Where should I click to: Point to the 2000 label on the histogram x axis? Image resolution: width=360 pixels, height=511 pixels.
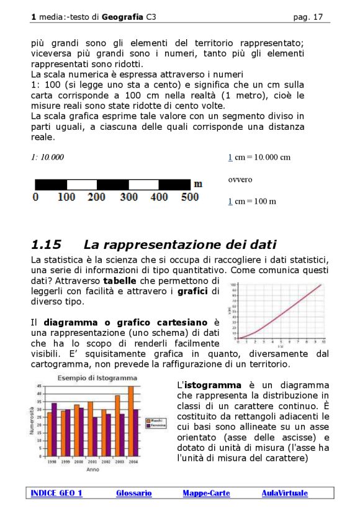(x=78, y=463)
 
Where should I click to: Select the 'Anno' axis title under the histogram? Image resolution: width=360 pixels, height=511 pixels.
(x=92, y=470)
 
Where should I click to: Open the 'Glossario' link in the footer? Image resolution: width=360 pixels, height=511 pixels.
(x=133, y=493)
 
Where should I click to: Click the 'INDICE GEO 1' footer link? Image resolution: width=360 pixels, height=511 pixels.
(x=56, y=493)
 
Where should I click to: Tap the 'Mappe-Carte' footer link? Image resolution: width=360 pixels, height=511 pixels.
(x=206, y=493)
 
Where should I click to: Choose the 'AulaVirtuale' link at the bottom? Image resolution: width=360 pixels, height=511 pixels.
(x=284, y=493)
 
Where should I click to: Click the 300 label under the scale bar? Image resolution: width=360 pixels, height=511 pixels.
(x=128, y=197)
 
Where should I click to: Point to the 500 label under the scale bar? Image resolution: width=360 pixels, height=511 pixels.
(x=189, y=197)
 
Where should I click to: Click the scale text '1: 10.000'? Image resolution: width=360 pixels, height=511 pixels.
(x=47, y=157)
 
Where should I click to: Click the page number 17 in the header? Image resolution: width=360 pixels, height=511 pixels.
(x=318, y=17)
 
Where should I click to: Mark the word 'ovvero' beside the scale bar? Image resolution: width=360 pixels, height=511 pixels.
(x=240, y=179)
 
